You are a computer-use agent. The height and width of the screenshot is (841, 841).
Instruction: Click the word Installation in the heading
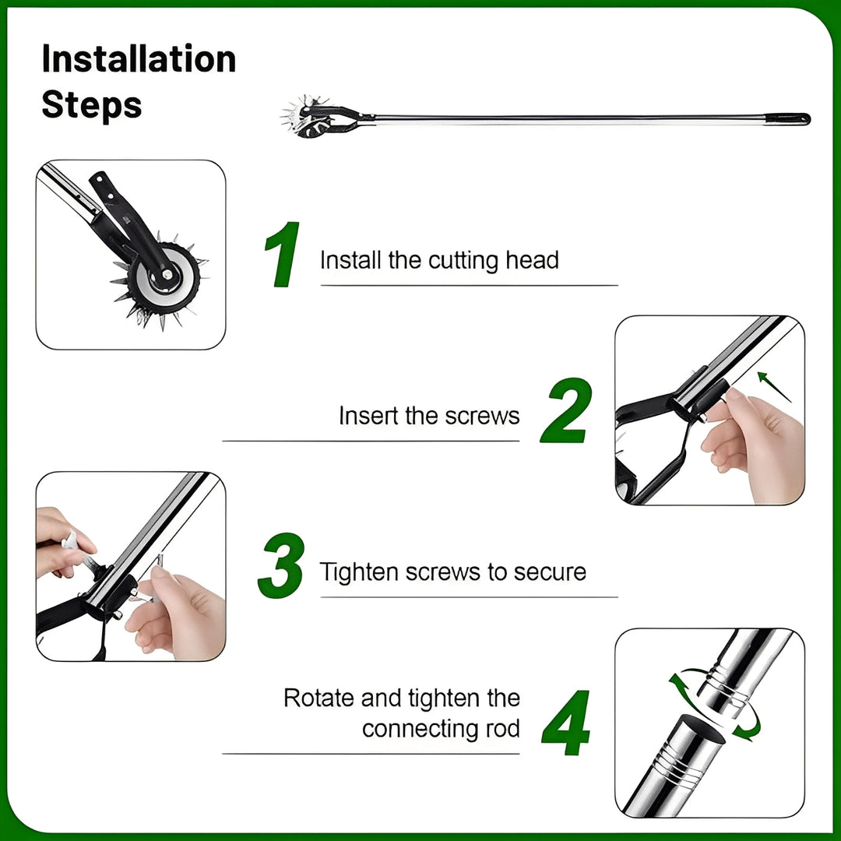(x=139, y=60)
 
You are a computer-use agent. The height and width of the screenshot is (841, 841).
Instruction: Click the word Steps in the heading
(x=91, y=105)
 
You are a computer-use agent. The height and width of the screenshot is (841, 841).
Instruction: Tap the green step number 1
(x=282, y=255)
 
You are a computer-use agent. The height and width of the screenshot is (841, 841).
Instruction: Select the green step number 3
(x=280, y=566)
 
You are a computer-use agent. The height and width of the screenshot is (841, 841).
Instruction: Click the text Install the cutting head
(x=439, y=260)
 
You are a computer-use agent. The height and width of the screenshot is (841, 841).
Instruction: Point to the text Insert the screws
(x=428, y=416)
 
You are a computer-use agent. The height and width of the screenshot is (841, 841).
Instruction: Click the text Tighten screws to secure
(x=452, y=572)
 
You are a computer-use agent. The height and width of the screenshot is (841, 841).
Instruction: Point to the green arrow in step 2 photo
(x=774, y=387)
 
